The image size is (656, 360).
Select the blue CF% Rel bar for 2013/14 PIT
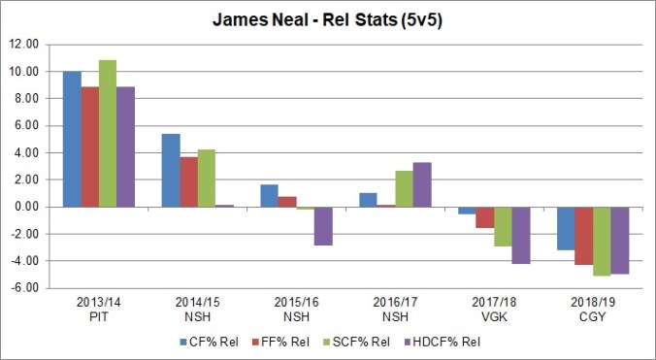point(72,139)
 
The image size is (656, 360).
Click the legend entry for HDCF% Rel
point(445,341)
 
